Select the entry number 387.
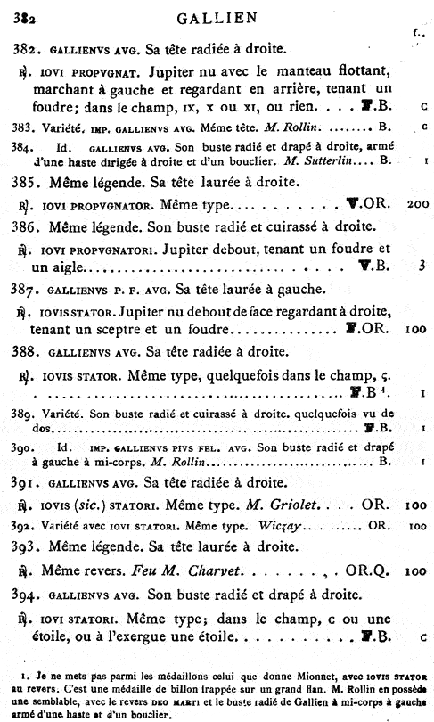28,289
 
